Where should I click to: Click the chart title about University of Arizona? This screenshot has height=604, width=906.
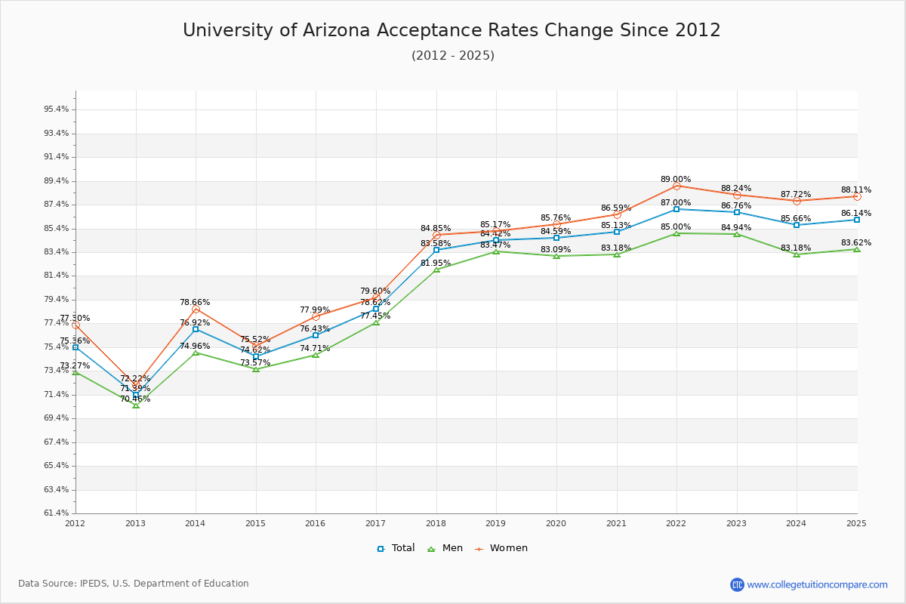point(451,30)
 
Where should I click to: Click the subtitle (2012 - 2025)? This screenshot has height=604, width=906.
point(452,56)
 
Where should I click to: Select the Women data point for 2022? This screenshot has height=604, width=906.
point(676,186)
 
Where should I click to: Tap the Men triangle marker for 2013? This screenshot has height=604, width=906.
point(136,405)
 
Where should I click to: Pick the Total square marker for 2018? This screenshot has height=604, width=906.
point(436,250)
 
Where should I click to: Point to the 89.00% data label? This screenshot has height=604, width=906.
point(676,179)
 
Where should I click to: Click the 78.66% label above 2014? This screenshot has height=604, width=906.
point(195,302)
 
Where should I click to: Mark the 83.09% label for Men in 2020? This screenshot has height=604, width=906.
point(556,249)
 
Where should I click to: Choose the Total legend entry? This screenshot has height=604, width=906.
point(396,548)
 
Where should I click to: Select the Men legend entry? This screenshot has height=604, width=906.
point(446,548)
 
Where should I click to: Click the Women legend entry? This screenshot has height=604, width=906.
point(501,548)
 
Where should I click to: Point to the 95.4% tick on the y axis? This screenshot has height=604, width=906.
point(57,109)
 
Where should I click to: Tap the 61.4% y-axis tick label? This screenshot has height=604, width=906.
point(57,513)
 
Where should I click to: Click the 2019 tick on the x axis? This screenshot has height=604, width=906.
point(496,523)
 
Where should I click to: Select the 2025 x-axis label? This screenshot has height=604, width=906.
point(856,523)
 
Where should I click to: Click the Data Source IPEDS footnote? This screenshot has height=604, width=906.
point(134,584)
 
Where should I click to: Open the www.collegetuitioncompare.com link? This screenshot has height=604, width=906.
point(817,584)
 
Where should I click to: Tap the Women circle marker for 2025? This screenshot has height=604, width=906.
point(857,196)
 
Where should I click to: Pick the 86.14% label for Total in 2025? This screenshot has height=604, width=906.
point(856,213)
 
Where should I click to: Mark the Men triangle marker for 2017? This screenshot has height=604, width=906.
point(376,322)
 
